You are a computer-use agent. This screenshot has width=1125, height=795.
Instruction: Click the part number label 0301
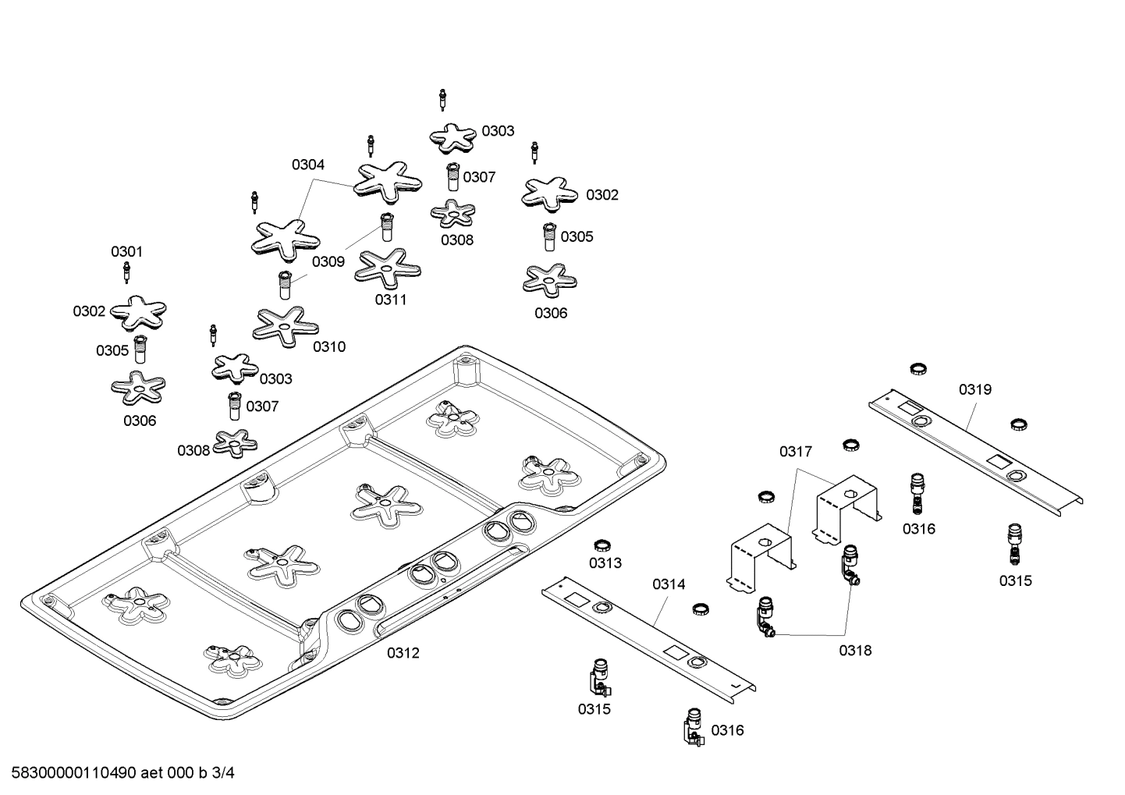click(126, 251)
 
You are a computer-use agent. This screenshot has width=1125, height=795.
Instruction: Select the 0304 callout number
click(308, 165)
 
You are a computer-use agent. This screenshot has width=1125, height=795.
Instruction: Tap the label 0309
click(328, 261)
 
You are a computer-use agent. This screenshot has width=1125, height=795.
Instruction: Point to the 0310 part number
click(329, 346)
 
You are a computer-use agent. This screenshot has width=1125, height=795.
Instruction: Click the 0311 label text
click(391, 300)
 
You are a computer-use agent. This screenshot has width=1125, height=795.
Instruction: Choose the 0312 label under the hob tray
click(403, 653)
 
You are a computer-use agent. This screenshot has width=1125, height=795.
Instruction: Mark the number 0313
click(605, 563)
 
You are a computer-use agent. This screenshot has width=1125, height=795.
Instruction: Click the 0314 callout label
click(669, 584)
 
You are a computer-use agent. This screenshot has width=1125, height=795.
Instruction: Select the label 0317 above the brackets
click(795, 451)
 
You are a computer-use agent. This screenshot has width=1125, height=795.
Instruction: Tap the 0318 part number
click(855, 650)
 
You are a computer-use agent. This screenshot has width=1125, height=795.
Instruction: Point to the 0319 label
click(975, 389)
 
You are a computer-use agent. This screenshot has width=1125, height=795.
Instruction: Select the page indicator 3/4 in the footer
click(223, 773)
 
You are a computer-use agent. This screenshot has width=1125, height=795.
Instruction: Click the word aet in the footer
click(152, 773)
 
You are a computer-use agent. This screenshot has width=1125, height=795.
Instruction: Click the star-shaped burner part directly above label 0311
click(388, 268)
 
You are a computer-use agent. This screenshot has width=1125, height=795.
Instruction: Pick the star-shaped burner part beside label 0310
click(285, 326)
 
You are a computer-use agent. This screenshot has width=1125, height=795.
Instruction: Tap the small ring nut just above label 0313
click(602, 544)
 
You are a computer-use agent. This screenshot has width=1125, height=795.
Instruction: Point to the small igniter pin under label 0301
click(126, 273)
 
